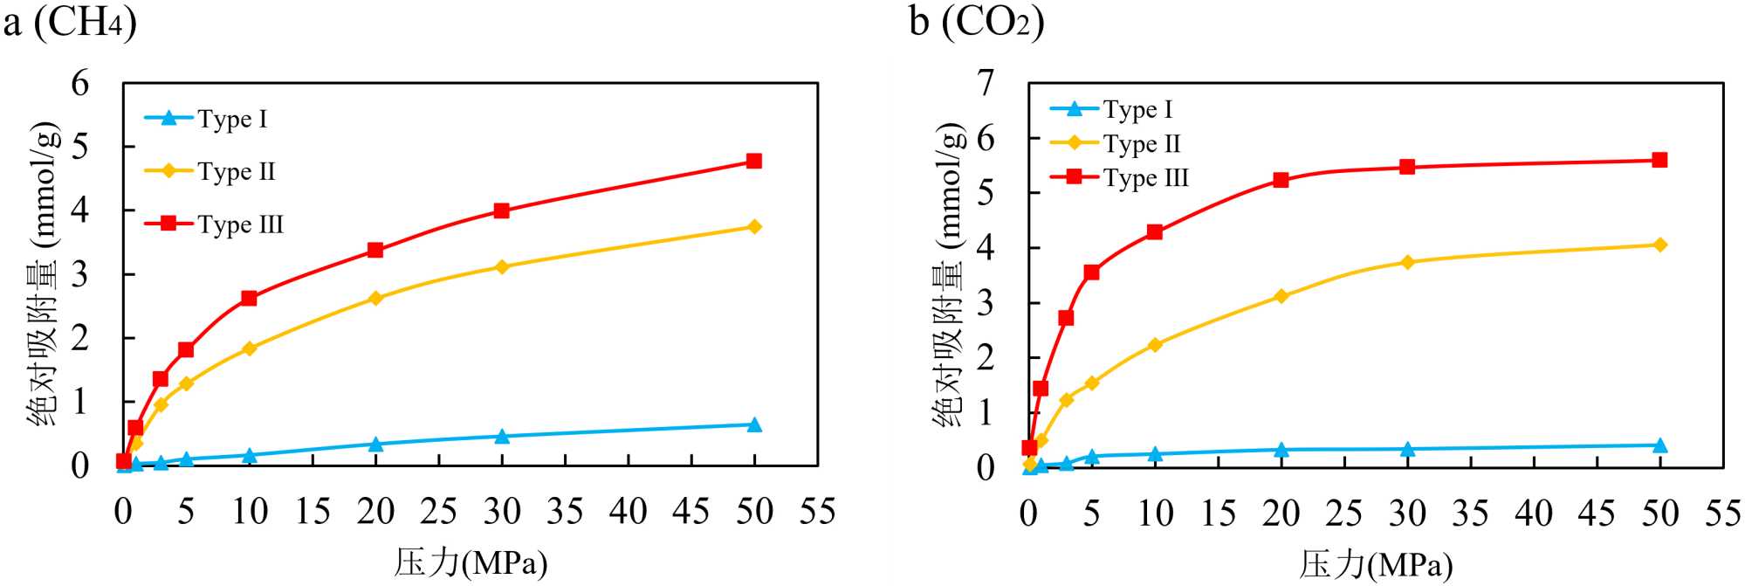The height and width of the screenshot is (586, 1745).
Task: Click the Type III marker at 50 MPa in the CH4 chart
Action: click(754, 161)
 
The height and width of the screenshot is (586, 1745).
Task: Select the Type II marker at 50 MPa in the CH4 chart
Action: click(754, 227)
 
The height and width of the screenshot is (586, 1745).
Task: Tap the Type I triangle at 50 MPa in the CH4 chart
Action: click(754, 424)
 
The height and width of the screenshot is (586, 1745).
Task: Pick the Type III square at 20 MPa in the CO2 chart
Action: click(1281, 180)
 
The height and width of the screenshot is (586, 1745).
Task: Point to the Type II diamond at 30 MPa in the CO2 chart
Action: click(1407, 262)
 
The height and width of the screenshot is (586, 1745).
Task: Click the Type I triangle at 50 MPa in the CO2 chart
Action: click(1659, 445)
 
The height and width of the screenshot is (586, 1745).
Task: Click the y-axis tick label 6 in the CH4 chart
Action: click(80, 84)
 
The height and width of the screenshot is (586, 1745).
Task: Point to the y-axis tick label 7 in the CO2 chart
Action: click(986, 83)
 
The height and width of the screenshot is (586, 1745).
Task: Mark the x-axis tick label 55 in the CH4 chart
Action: click(817, 512)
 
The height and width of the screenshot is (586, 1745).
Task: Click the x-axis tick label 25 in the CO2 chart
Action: click(1343, 514)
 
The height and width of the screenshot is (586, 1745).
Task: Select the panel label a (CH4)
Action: click(70, 21)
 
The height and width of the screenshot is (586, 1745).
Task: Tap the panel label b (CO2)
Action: click(976, 21)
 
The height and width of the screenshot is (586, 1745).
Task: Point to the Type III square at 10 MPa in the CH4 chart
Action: click(249, 298)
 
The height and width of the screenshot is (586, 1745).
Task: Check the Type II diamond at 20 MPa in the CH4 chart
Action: click(375, 298)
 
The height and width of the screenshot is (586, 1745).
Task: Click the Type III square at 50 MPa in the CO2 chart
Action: click(1659, 160)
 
